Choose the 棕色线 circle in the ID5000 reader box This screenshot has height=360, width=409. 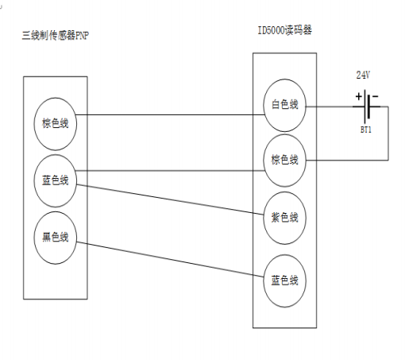(284, 160)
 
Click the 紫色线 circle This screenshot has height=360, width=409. (284, 217)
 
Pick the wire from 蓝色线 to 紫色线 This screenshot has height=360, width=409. (171, 199)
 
